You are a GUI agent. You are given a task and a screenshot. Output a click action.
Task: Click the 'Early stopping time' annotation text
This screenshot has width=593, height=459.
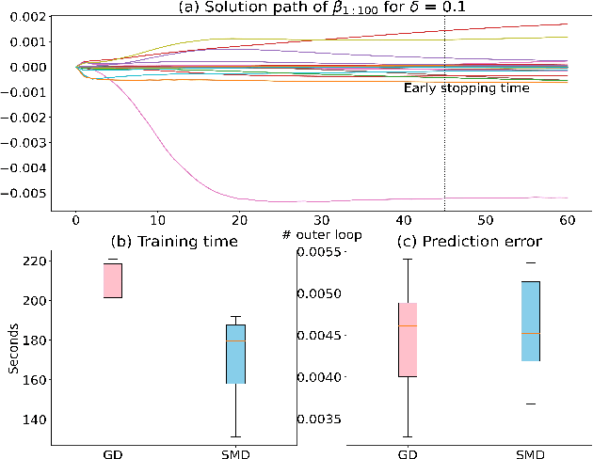click(x=467, y=88)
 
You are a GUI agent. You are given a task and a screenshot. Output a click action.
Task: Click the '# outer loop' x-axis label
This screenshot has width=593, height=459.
click(x=323, y=233)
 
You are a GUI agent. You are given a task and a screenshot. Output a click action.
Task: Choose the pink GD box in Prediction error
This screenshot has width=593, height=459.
click(x=409, y=340)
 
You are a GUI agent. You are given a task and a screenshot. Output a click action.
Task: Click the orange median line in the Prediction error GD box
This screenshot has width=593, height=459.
click(x=409, y=325)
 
